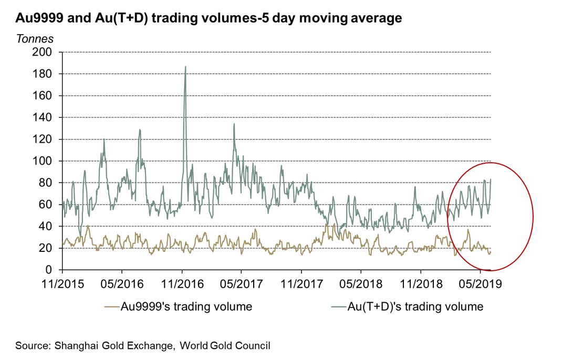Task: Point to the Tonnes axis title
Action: (x=35, y=39)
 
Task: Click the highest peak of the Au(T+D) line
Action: (x=185, y=67)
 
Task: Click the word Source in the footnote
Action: (x=32, y=345)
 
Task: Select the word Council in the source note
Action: (x=253, y=345)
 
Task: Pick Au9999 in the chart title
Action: (x=36, y=18)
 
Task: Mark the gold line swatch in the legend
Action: (x=111, y=306)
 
